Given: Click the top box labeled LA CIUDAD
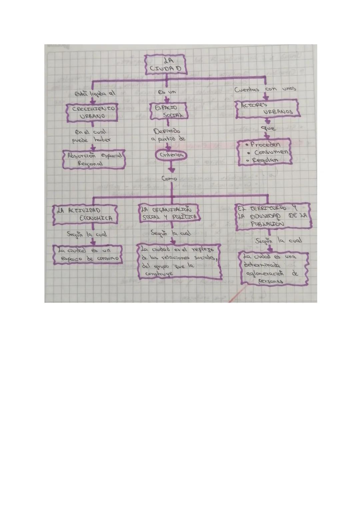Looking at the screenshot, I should coord(166,64).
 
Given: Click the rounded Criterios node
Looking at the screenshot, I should coord(171,155).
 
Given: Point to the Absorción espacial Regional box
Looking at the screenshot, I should coord(94,159).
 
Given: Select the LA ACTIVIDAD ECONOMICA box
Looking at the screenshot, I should coord(86,215).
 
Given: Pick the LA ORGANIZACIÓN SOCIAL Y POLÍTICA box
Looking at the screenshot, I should coord(169,213).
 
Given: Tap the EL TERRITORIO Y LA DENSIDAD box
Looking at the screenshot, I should coord(273,216).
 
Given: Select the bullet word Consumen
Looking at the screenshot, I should coord(271,152).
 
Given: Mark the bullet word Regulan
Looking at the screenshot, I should coord(265,160).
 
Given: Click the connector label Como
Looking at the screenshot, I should coord(169,179).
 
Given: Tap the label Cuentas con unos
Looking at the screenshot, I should coord(265,90).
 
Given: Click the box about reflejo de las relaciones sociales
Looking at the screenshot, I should coord(180,261).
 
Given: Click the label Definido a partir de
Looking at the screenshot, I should coord(168,135).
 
